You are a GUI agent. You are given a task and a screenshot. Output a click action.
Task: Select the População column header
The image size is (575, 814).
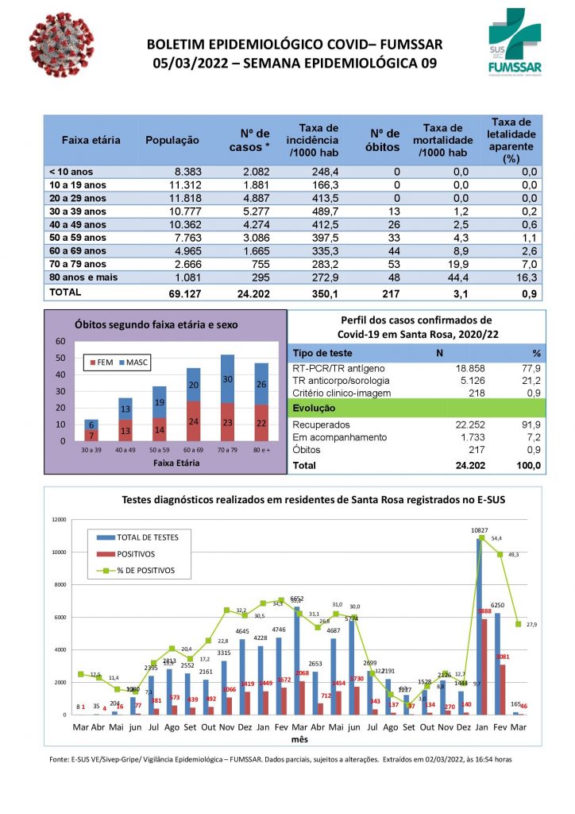[172, 140]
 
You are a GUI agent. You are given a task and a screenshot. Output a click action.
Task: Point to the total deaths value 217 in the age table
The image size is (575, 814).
[388, 294]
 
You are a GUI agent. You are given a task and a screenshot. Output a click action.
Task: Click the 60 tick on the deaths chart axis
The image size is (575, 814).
[60, 342]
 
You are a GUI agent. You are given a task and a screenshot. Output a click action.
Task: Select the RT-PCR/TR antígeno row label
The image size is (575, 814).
[339, 369]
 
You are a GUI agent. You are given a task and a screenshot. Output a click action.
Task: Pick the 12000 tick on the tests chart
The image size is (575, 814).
[59, 519]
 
